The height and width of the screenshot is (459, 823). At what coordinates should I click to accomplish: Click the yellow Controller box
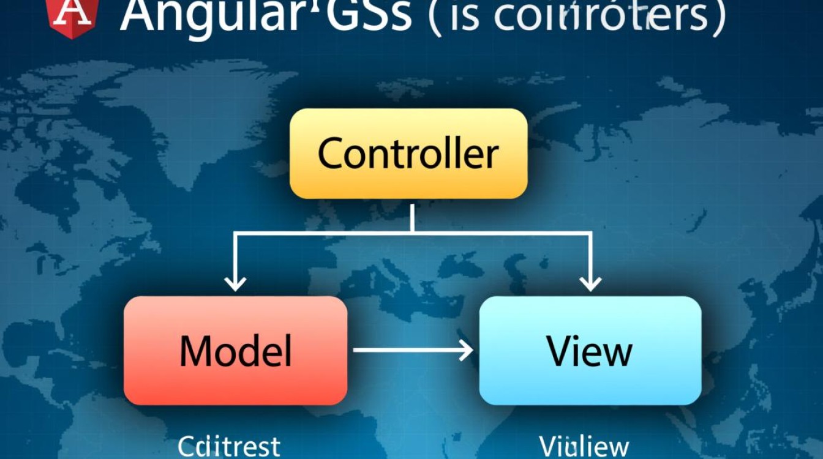tap(408, 153)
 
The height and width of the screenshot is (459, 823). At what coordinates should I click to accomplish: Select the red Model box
tap(235, 350)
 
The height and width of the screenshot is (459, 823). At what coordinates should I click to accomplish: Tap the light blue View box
tap(590, 350)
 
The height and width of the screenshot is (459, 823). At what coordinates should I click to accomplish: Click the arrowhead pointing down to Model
tap(235, 283)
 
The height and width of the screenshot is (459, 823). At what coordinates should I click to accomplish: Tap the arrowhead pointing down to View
tap(590, 283)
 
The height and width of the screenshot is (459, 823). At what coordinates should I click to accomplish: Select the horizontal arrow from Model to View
tap(413, 351)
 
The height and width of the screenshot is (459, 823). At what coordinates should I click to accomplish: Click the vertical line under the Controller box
tap(413, 217)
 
